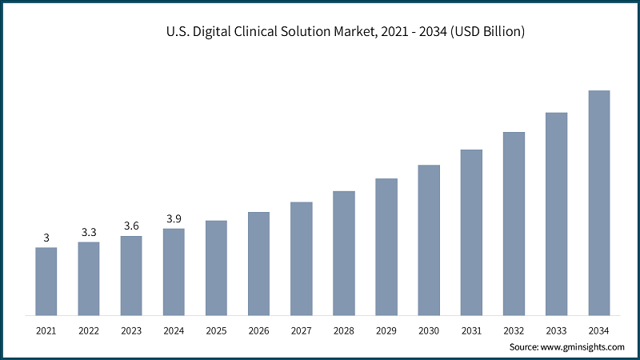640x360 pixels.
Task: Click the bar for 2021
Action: click(46, 281)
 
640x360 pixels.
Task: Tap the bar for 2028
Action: click(344, 253)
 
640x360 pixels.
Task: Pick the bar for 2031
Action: click(471, 232)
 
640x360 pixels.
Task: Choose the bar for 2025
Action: click(216, 267)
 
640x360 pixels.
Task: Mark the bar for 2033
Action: click(557, 214)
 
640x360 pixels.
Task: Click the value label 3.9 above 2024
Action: click(174, 218)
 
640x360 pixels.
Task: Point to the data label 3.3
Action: click(89, 232)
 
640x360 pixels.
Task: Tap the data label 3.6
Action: click(131, 226)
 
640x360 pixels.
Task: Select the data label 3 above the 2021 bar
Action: click(46, 238)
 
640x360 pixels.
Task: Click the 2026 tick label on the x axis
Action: click(258, 330)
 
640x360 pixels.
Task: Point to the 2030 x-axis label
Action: click(429, 330)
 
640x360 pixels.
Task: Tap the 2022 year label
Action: click(89, 330)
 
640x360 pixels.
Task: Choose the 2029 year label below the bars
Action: click(386, 330)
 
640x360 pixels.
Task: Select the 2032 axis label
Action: click(514, 330)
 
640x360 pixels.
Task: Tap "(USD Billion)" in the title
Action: click(486, 32)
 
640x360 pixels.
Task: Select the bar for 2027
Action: click(301, 258)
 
